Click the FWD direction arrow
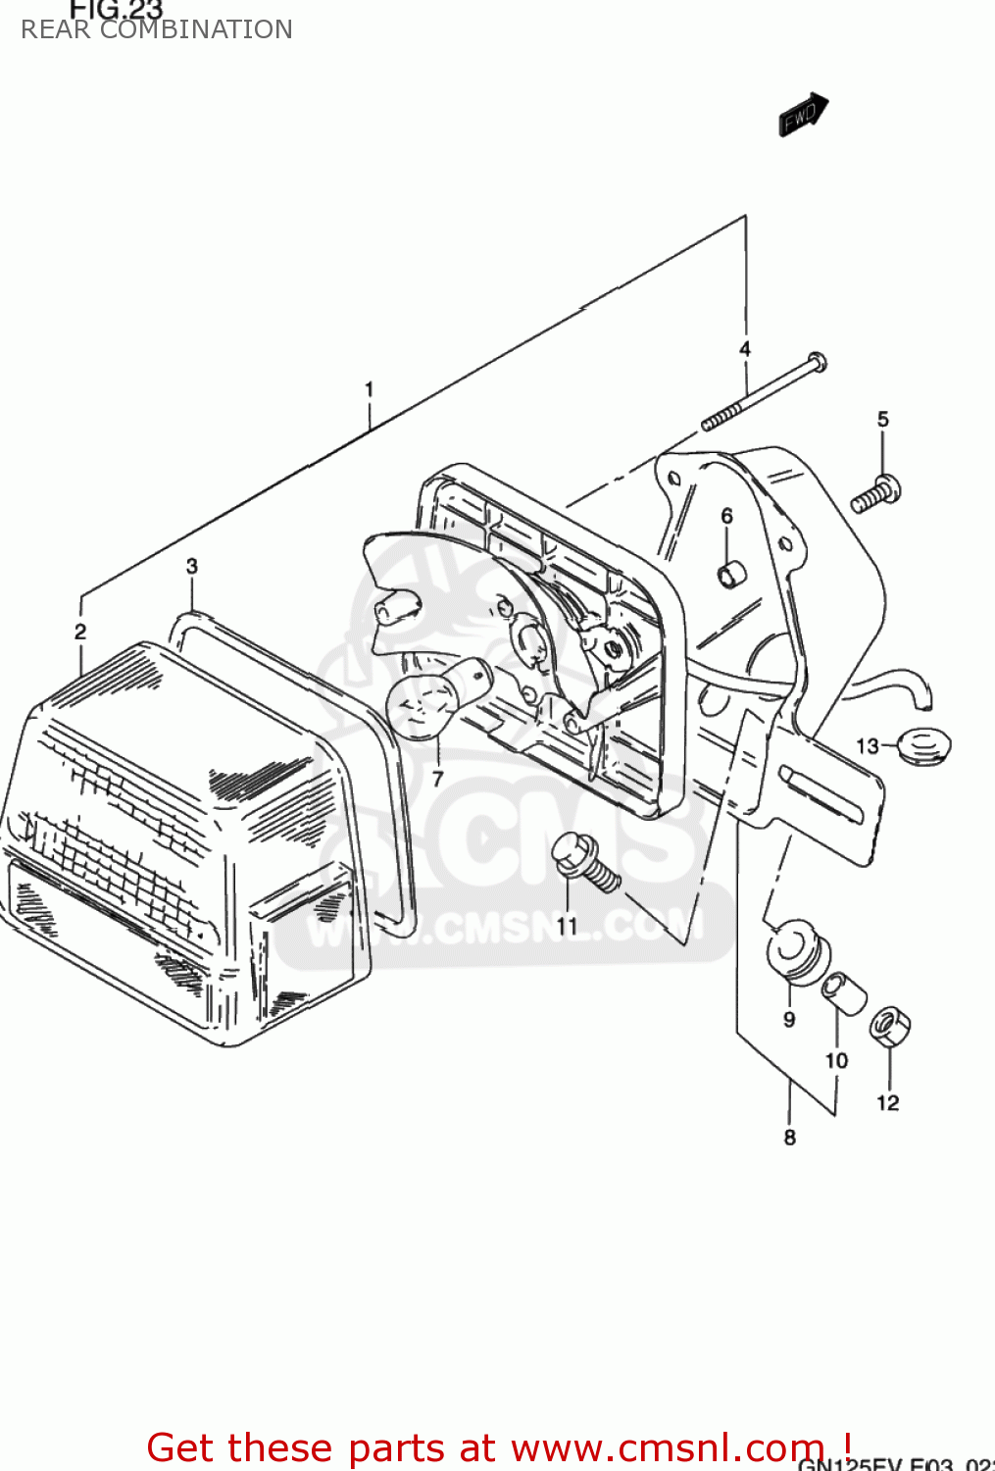[803, 115]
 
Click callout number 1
[369, 390]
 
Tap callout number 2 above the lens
[80, 633]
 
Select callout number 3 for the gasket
[192, 566]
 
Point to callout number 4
[745, 349]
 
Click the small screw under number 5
[876, 493]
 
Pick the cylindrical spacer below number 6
[728, 575]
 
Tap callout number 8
[790, 1138]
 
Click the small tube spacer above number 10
[843, 993]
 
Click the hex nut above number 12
[889, 1027]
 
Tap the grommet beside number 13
[923, 746]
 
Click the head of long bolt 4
[816, 362]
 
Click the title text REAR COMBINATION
[157, 29]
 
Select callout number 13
[868, 746]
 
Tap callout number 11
[568, 925]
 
